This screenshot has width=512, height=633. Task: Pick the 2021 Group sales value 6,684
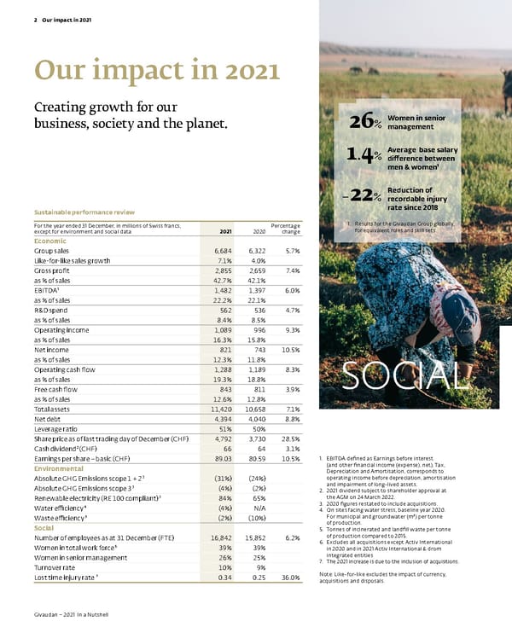[222, 251]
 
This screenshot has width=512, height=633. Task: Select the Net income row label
[49, 350]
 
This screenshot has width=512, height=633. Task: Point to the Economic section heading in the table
[51, 241]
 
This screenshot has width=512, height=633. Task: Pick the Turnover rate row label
[57, 567]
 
